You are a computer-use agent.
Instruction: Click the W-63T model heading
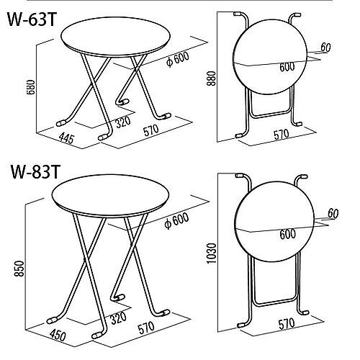[x=32, y=19]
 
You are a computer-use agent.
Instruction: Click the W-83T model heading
[x=35, y=171]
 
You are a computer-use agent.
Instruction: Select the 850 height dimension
[x=19, y=269]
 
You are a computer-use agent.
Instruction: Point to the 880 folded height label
[x=212, y=78]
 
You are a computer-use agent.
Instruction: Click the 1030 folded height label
[x=212, y=253]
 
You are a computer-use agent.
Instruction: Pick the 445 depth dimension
[x=66, y=138]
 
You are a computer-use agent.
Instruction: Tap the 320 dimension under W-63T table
[x=123, y=122]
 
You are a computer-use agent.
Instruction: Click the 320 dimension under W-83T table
[x=118, y=318]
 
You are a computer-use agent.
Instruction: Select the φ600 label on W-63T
[x=178, y=59]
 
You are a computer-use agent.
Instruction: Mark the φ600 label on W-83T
[x=176, y=220]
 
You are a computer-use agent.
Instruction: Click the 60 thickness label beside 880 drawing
[x=325, y=48]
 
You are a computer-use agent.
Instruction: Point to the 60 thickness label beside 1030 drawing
[x=333, y=213]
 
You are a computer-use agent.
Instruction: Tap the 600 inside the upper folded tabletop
[x=287, y=67]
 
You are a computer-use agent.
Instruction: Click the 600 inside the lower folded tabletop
[x=287, y=234]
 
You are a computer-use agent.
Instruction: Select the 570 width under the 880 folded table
[x=282, y=135]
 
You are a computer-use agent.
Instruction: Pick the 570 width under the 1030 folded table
[x=287, y=323]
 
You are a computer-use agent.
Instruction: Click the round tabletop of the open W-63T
[x=116, y=37]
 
